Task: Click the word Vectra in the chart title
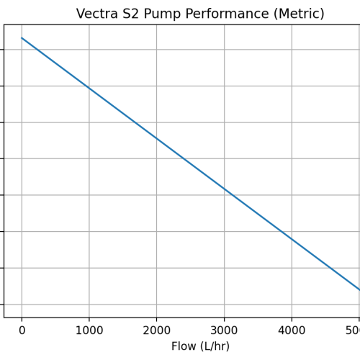click(x=99, y=14)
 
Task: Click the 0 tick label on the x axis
click(x=22, y=330)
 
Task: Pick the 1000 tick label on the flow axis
click(x=89, y=330)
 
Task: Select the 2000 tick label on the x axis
click(x=156, y=330)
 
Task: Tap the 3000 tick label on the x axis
click(x=224, y=330)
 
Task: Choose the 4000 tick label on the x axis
click(x=292, y=330)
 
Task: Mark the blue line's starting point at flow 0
click(x=22, y=37)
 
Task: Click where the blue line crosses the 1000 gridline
click(x=89, y=88)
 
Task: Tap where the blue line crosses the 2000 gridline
click(x=156, y=138)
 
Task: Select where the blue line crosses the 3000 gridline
click(x=224, y=189)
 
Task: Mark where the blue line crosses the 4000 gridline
click(x=292, y=239)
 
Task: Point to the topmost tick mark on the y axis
click(x=3, y=50)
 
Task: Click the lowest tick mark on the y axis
click(x=3, y=305)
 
